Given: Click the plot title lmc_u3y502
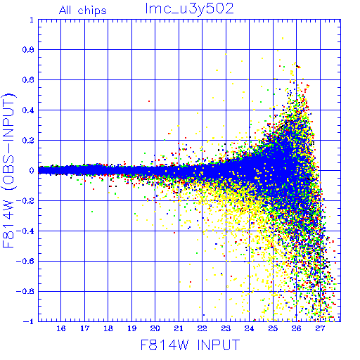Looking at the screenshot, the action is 189,9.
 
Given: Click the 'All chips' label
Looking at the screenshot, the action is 83,11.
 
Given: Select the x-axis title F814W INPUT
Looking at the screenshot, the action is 190,345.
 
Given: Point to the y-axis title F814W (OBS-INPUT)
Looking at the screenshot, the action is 8,170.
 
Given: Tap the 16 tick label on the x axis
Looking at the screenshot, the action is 61,328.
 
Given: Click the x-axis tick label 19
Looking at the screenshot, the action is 131,328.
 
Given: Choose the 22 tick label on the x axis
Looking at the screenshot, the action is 202,328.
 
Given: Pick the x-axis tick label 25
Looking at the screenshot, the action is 273,328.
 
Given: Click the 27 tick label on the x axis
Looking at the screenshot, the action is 320,328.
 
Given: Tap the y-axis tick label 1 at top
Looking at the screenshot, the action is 32,20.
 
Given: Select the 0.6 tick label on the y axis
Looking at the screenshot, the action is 28,80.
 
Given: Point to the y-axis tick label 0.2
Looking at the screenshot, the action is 28,141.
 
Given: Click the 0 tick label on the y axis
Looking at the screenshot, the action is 32,170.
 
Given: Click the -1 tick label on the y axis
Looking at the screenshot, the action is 28,321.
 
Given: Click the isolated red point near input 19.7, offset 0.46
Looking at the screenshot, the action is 149,101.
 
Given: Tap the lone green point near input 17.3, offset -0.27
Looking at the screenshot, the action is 92,212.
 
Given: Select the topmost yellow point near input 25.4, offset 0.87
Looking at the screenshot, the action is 283,38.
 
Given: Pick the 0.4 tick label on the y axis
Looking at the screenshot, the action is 28,110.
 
